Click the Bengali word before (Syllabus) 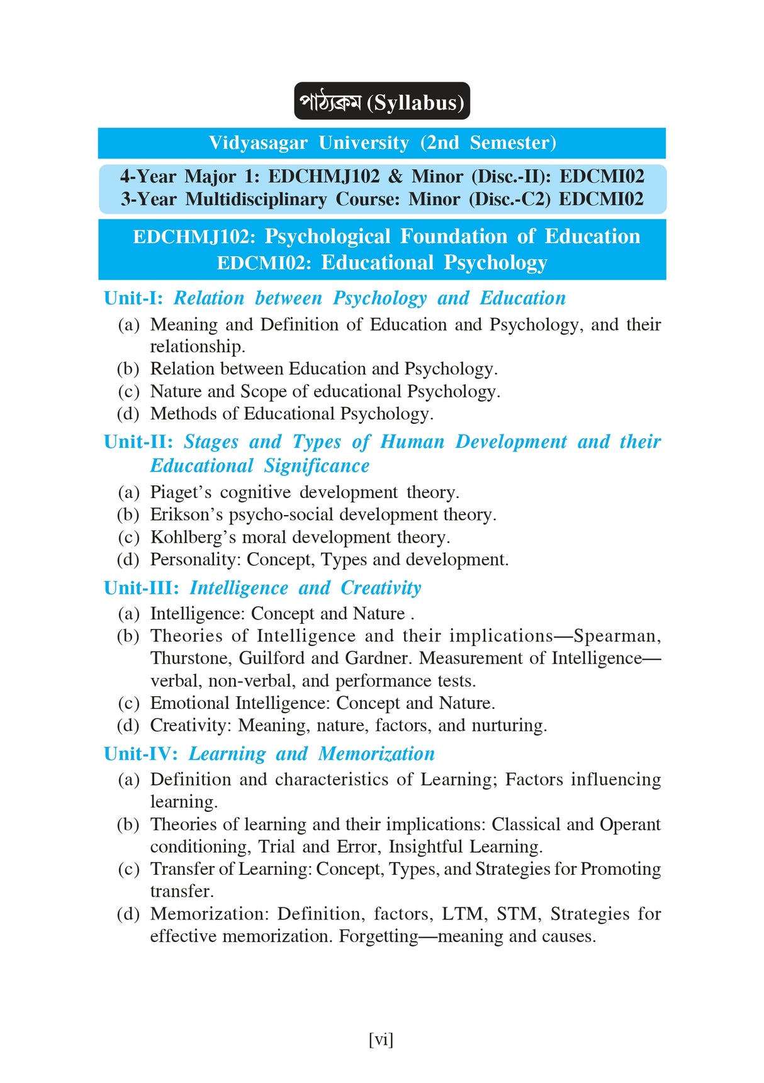point(330,102)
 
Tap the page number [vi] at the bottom point(381,1039)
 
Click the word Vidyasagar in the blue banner point(258,143)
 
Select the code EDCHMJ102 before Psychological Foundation point(194,236)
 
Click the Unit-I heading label point(133,298)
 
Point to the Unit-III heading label point(141,588)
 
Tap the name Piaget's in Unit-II point(181,492)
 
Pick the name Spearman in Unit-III point(615,636)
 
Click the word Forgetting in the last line point(378,936)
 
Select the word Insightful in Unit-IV point(425,847)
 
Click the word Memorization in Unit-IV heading point(376,754)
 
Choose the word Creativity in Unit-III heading point(381,588)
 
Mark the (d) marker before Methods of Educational point(128,414)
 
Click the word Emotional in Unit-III point(189,703)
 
